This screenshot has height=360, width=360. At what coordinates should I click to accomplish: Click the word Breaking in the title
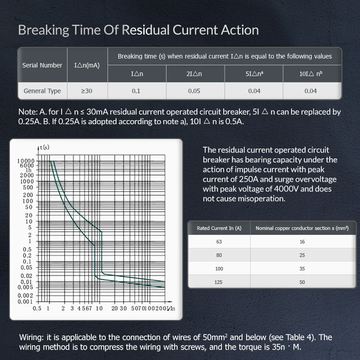pyautogui.click(x=43, y=30)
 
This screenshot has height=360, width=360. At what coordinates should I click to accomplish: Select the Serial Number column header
pyautogui.click(x=42, y=65)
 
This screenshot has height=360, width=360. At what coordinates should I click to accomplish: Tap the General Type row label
pyautogui.click(x=42, y=91)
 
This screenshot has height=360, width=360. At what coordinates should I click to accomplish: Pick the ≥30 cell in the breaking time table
pyautogui.click(x=87, y=91)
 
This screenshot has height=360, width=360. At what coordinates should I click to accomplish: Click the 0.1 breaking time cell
pyautogui.click(x=136, y=91)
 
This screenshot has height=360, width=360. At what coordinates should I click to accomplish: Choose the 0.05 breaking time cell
pyautogui.click(x=194, y=91)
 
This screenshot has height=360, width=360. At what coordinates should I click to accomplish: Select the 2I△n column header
pyautogui.click(x=194, y=73)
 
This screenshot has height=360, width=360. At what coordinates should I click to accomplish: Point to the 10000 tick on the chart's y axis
pyautogui.click(x=26, y=161)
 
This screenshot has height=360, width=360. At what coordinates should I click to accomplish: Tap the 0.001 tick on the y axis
pyautogui.click(x=26, y=301)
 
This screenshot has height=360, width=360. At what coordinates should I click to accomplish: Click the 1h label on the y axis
pyautogui.click(x=29, y=170)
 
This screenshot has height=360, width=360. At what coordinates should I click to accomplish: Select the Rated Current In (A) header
pyautogui.click(x=219, y=228)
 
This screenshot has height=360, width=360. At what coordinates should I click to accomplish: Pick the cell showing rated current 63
pyautogui.click(x=219, y=242)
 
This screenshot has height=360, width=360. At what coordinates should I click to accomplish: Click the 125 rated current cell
pyautogui.click(x=219, y=282)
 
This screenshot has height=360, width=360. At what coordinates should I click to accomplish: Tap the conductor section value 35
pyautogui.click(x=302, y=269)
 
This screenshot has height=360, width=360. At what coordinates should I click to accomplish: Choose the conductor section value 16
pyautogui.click(x=302, y=242)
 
